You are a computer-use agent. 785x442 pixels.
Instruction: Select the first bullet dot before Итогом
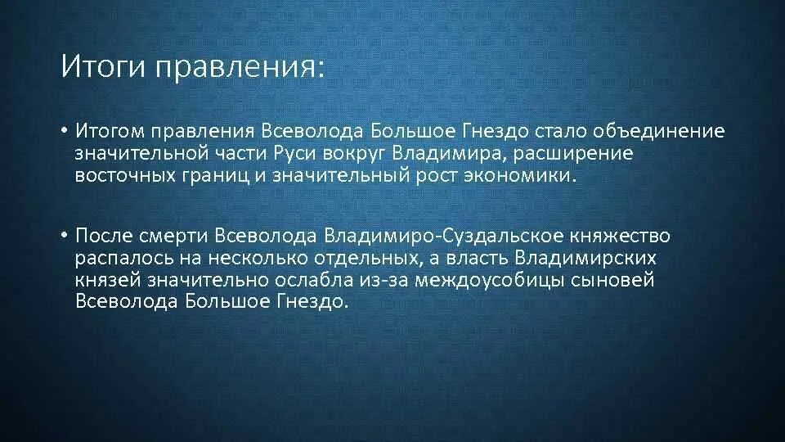coord(65,132)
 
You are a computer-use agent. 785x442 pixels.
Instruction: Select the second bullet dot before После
coord(65,237)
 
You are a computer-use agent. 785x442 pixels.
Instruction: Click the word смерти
coord(175,237)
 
